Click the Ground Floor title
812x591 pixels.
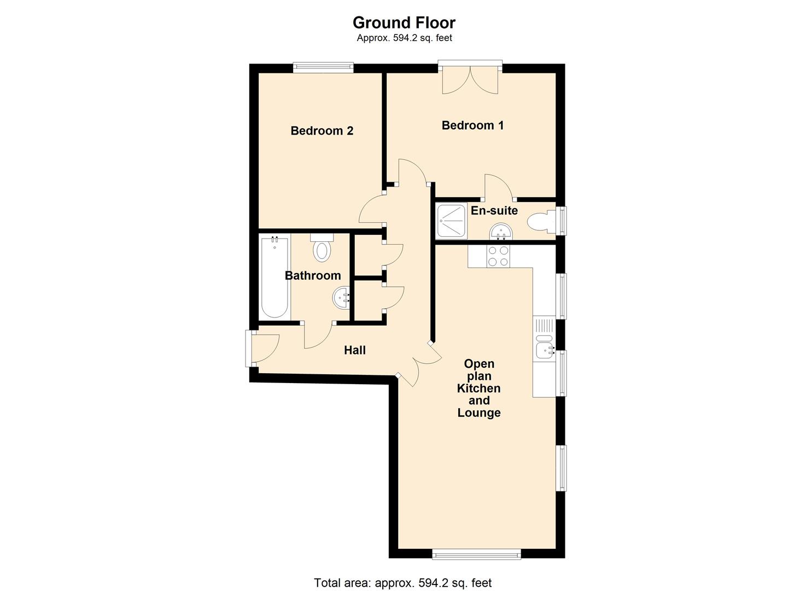404,22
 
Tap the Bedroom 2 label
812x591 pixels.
322,131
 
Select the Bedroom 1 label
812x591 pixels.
472,125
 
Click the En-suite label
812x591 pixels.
494,211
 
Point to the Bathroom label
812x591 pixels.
312,275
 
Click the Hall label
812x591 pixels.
354,350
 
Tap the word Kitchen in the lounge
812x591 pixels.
478,389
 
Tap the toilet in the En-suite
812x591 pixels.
540,222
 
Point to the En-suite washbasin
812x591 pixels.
500,233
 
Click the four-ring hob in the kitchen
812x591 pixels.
498,256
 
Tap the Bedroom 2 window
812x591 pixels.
323,68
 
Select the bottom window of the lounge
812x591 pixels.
476,554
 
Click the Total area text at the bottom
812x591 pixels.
402,583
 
